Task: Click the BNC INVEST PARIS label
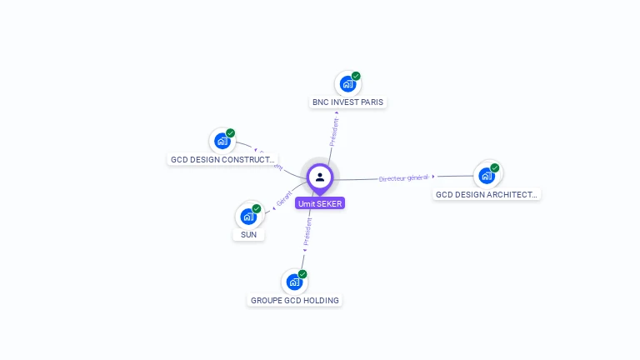point(348,102)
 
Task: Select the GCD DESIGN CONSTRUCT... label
point(222,159)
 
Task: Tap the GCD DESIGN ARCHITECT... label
point(487,194)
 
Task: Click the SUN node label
point(248,235)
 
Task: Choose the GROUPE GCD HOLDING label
point(295,300)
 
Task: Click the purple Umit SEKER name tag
point(319,203)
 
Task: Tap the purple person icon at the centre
point(320,177)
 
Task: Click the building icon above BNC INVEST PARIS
point(347,84)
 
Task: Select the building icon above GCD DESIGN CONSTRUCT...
point(222,141)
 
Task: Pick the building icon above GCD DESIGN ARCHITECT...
point(487,176)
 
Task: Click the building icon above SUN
point(247,217)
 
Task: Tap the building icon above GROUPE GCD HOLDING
point(294,282)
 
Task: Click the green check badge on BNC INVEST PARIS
point(356,76)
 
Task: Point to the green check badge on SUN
point(257,208)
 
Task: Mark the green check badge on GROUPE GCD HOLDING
point(302,273)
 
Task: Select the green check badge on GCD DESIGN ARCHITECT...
point(495,167)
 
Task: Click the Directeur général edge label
point(403,177)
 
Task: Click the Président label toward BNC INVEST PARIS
point(334,132)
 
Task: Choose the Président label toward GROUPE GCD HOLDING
point(307,232)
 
